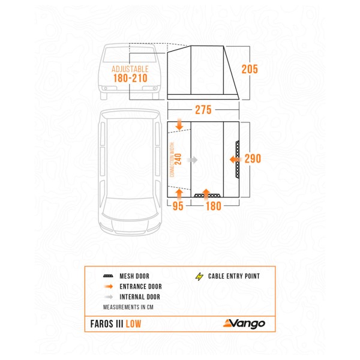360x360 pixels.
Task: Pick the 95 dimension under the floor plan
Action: pyautogui.click(x=178, y=206)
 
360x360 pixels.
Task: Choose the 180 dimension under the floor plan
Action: pyautogui.click(x=214, y=206)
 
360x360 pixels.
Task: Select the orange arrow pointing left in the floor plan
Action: pyautogui.click(x=235, y=160)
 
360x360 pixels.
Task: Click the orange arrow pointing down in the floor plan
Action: pyautogui.click(x=180, y=125)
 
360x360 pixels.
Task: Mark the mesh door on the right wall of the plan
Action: pyautogui.click(x=239, y=159)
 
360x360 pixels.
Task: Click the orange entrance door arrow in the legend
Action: pyautogui.click(x=109, y=287)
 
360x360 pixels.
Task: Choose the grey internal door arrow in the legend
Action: pyautogui.click(x=109, y=296)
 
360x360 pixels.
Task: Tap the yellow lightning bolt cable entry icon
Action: pyautogui.click(x=199, y=277)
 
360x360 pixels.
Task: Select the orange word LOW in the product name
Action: pyautogui.click(x=134, y=324)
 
